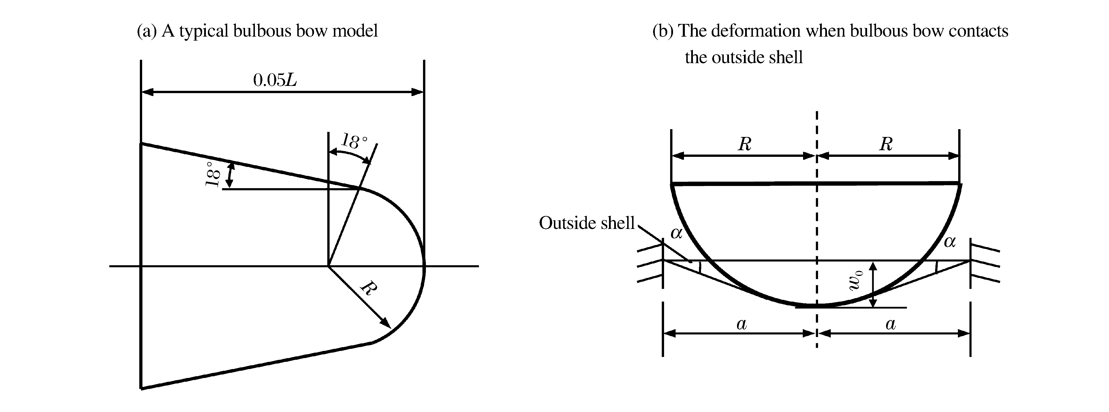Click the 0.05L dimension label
(275, 80)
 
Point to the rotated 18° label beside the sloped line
(213, 174)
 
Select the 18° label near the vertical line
(355, 141)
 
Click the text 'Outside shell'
(586, 223)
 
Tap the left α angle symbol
(676, 233)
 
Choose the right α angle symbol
(950, 242)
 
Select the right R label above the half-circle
(886, 144)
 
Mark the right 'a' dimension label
(891, 324)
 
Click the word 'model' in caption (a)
(355, 31)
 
